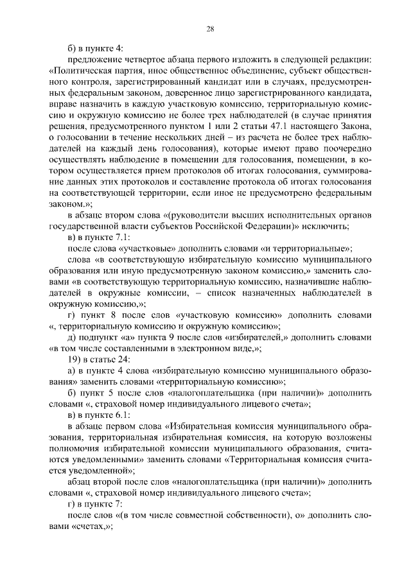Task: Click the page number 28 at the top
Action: [x=210, y=28]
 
